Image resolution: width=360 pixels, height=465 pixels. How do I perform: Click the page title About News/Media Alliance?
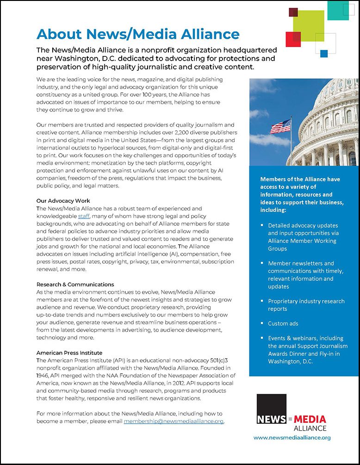tap(138, 34)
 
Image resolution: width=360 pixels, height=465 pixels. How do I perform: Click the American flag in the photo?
tap(280, 126)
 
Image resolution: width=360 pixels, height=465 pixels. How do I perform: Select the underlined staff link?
tap(84, 216)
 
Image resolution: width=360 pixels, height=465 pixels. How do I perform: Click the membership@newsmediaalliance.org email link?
tap(174, 422)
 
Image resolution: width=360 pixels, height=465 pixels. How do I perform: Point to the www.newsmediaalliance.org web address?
tap(292, 437)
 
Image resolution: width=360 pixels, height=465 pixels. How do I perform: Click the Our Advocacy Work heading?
tap(63, 201)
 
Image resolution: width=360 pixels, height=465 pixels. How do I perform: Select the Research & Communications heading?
tap(75, 284)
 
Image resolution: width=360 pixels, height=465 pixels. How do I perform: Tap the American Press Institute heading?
tap(69, 353)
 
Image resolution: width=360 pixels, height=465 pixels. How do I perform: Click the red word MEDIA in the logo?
tap(313, 419)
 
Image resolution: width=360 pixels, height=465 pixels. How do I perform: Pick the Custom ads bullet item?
tap(283, 323)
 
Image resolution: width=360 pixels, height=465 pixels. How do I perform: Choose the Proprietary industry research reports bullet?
tap(306, 305)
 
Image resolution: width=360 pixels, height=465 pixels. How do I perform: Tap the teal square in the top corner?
tap(338, 10)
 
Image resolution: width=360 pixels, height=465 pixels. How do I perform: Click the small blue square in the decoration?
tap(324, 54)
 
